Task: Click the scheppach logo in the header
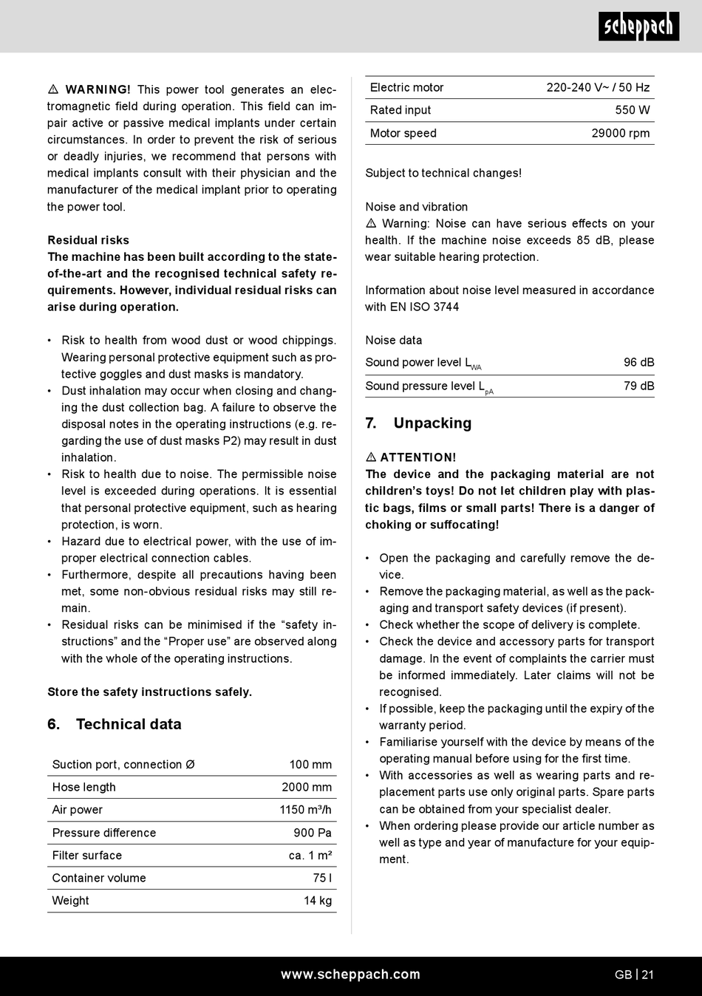click(x=638, y=27)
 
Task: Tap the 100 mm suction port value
click(x=310, y=765)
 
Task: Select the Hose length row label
click(x=84, y=788)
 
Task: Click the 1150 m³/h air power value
click(x=305, y=810)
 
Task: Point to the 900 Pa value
click(x=313, y=833)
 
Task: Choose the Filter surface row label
click(x=86, y=856)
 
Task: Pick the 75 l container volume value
click(x=322, y=879)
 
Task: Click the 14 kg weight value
click(x=318, y=901)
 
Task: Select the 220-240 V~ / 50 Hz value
click(x=598, y=88)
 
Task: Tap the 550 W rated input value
click(x=633, y=110)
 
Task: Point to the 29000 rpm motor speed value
click(x=621, y=134)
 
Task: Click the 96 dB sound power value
click(x=638, y=363)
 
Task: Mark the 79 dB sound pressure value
click(x=638, y=386)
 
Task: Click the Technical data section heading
click(x=129, y=725)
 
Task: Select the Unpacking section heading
click(x=432, y=423)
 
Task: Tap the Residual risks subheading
click(x=88, y=240)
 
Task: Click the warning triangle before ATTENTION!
click(x=371, y=457)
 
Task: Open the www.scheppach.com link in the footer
click(x=350, y=975)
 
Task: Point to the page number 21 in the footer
click(x=647, y=975)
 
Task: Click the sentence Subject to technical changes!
click(x=443, y=174)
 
